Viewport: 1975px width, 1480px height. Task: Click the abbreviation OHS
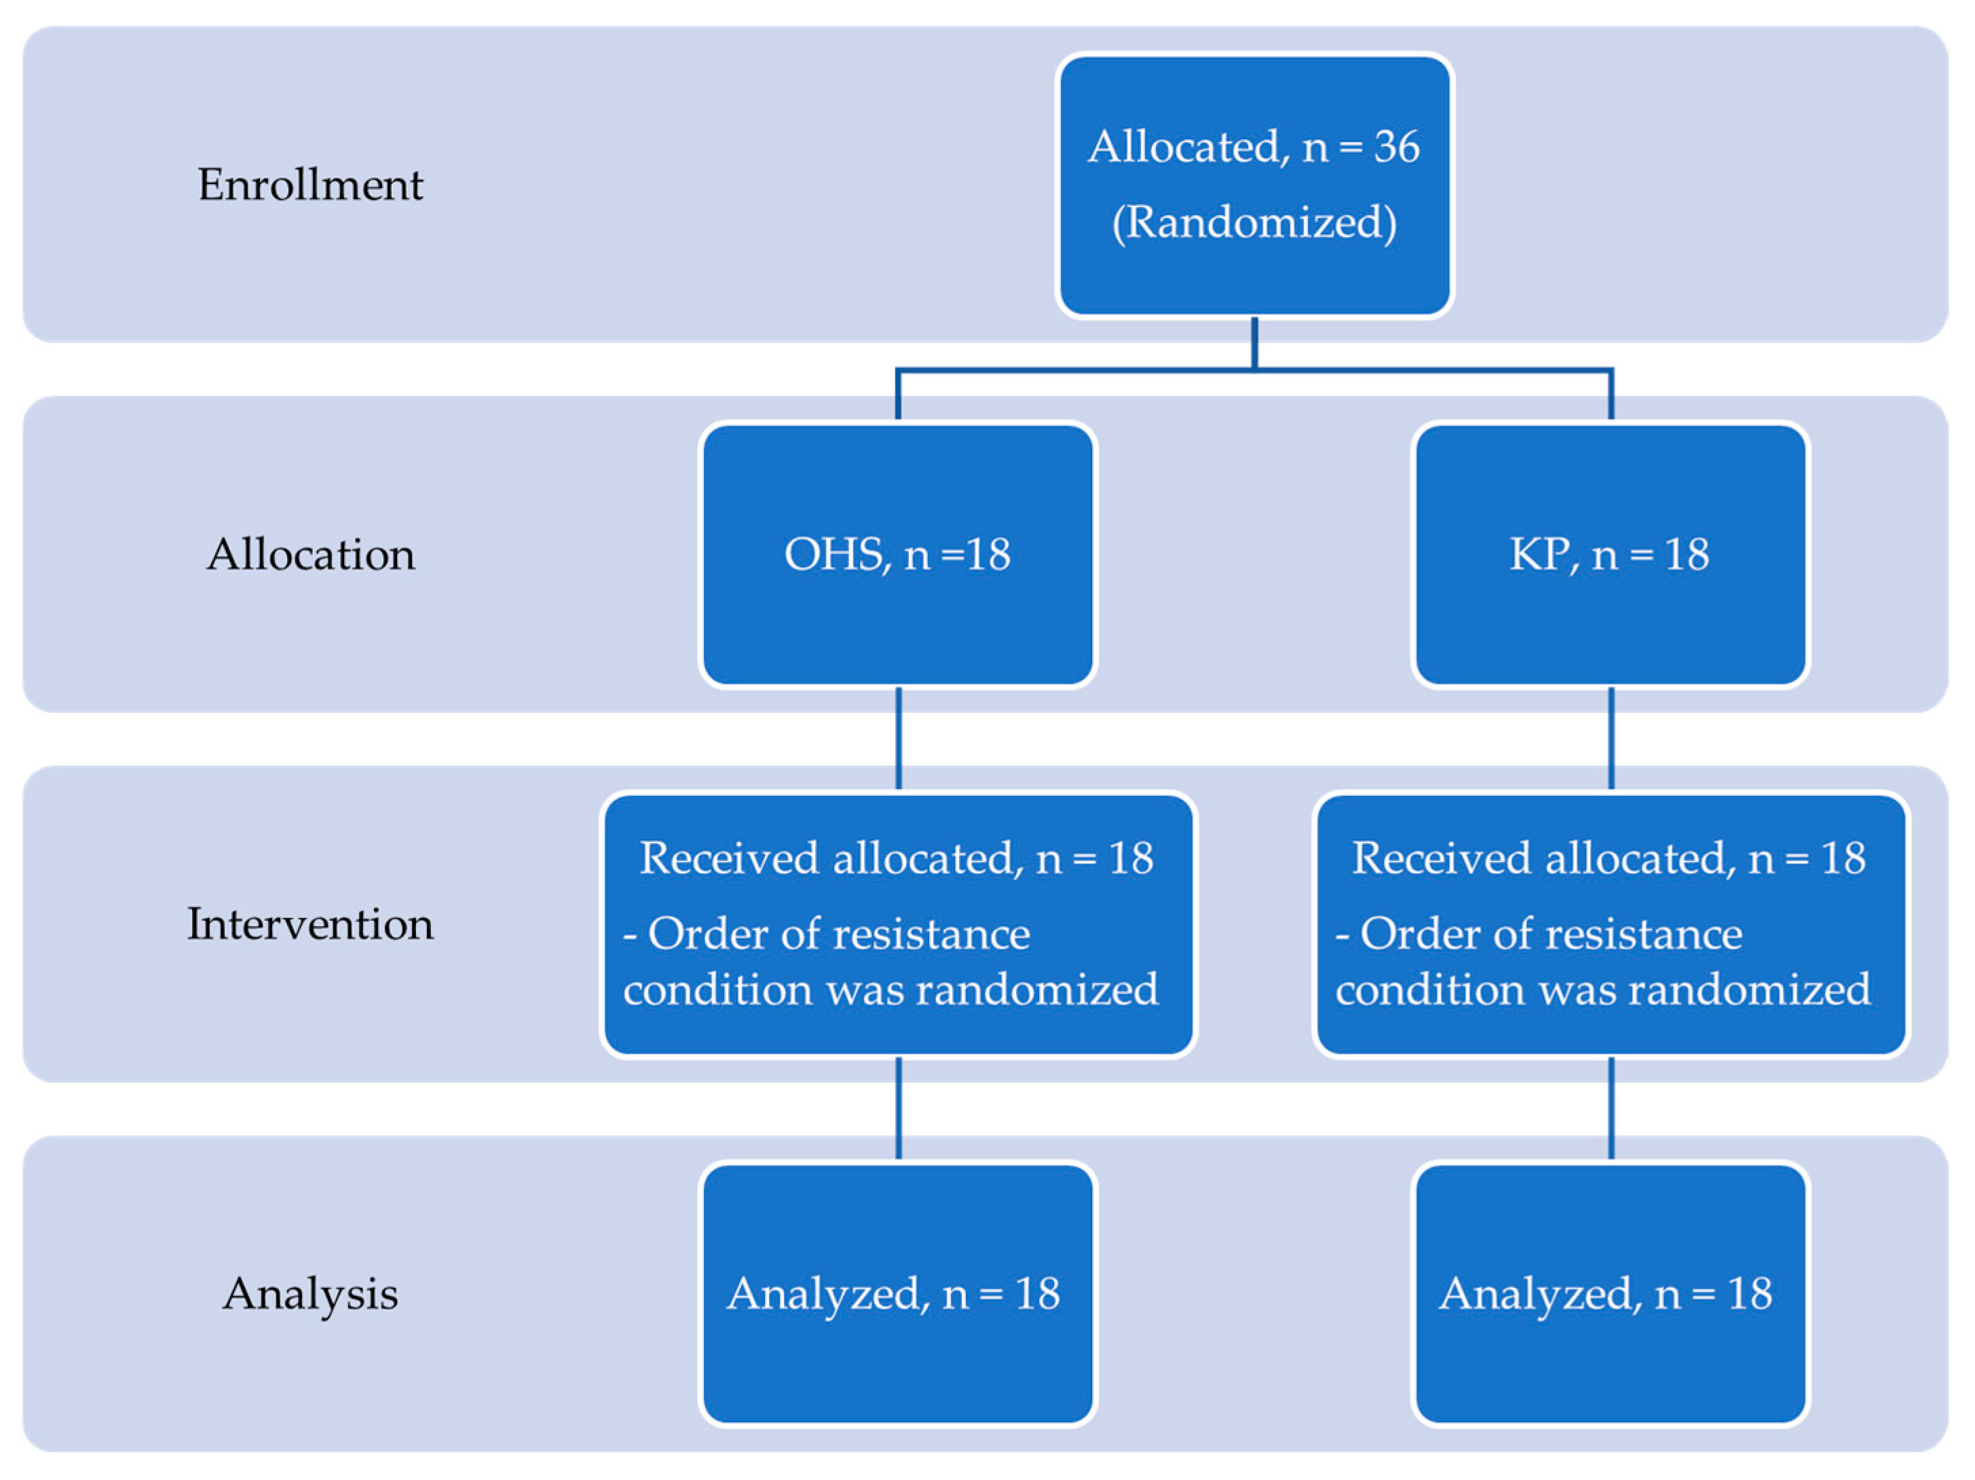(x=834, y=554)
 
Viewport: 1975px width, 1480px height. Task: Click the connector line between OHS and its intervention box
(x=898, y=738)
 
